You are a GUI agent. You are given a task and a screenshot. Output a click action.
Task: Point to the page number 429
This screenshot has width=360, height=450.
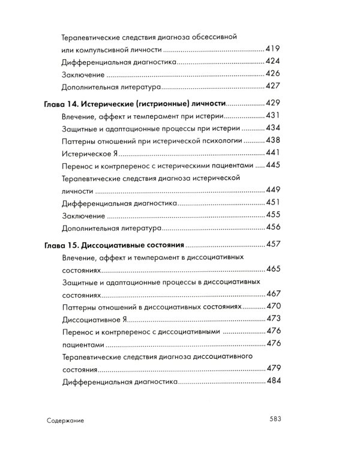coord(273,103)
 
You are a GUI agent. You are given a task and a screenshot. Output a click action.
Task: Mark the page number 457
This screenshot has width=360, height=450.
coord(273,245)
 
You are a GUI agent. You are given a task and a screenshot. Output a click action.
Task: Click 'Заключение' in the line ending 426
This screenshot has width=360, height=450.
coord(83,74)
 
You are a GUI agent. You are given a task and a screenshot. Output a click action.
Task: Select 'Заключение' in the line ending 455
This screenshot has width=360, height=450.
coord(83,215)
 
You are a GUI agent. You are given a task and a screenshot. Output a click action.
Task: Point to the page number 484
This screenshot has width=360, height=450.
coord(273,381)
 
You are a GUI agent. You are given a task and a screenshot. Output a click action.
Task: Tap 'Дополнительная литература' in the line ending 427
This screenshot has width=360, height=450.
coord(112,87)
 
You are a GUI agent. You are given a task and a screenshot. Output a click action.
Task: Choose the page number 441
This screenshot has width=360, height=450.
coord(273,153)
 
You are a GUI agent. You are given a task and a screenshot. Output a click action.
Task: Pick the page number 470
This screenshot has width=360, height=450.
coord(273,306)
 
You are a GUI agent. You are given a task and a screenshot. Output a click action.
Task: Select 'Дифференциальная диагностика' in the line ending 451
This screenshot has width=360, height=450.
coord(119,203)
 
